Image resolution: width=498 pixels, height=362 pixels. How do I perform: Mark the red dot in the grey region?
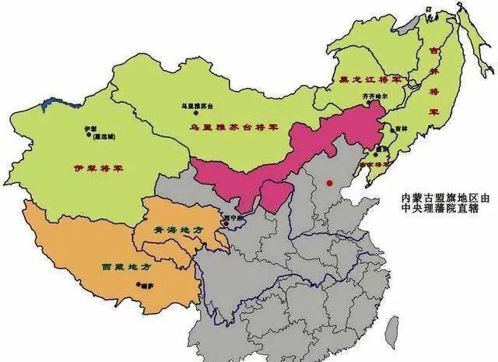[x=328, y=183]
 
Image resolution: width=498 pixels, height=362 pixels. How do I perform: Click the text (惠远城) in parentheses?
[x=103, y=135]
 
